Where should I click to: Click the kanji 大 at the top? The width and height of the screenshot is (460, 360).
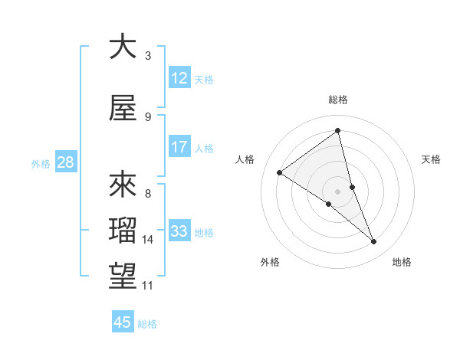click(123, 47)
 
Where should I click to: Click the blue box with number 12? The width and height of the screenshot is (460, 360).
click(179, 78)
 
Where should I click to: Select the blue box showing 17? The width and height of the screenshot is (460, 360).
click(179, 147)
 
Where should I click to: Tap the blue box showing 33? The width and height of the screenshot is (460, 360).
click(179, 231)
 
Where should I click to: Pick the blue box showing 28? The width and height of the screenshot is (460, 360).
click(65, 162)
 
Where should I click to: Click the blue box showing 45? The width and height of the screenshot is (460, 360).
click(123, 322)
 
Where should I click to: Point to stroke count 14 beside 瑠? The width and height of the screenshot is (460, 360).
click(148, 240)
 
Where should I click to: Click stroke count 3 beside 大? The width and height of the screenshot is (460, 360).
click(148, 56)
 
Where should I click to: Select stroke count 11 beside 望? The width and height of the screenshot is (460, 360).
click(148, 286)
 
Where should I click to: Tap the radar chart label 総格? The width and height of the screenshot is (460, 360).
click(337, 100)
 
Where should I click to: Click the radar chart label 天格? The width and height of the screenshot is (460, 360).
click(432, 159)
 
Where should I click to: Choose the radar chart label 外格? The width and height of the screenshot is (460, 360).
click(270, 262)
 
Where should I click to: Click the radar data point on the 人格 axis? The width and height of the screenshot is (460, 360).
click(280, 172)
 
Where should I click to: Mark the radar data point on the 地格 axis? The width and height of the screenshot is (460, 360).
click(374, 242)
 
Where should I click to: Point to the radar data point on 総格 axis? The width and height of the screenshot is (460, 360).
click(337, 130)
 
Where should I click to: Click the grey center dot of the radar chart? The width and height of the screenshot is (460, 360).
click(337, 191)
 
